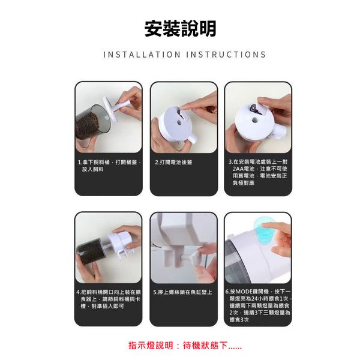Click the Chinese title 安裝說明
[180, 29]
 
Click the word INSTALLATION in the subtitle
[142, 55]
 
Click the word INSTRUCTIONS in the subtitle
[226, 55]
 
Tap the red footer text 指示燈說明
[151, 346]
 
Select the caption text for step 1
[109, 166]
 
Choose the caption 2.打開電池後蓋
[173, 163]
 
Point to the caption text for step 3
[258, 172]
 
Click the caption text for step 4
[109, 299]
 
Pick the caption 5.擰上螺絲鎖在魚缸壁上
[183, 292]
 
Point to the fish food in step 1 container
[88, 125]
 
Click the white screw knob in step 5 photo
[194, 256]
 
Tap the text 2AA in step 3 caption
[238, 169]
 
